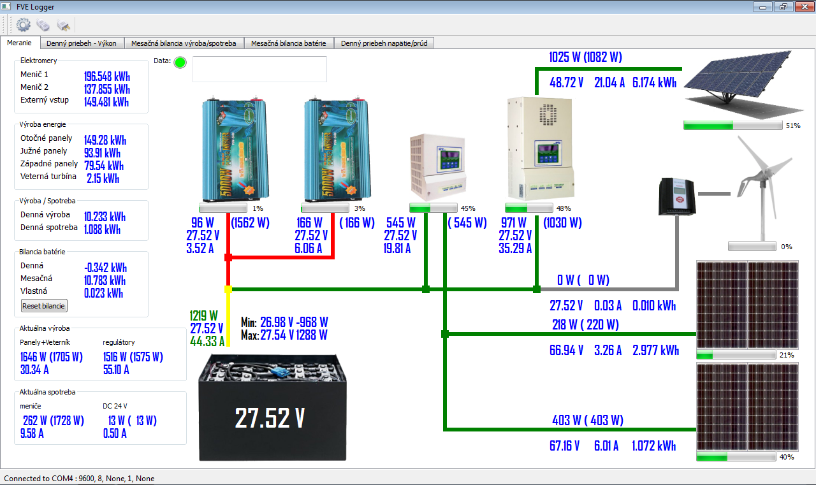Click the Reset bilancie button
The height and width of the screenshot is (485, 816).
pos(44,306)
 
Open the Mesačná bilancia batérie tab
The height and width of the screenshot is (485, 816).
pos(288,43)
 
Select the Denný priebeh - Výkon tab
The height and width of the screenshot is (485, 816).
pos(82,43)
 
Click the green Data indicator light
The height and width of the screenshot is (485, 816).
pos(180,62)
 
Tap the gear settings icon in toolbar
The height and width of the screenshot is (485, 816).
pos(24,25)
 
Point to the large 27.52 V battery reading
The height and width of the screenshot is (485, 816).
pos(270,418)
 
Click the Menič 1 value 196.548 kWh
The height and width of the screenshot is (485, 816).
pos(106,76)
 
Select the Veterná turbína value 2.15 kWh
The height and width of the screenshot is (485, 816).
pos(103,178)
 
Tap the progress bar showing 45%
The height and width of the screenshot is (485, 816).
pos(433,208)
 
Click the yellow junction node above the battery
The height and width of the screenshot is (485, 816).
pos(228,289)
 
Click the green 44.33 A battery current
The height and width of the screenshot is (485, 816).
pos(207,341)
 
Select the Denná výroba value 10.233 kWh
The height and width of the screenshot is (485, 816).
pos(105,216)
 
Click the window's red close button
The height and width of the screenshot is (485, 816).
pos(802,7)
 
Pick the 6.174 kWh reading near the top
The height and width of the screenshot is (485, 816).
pos(654,82)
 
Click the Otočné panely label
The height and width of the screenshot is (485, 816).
pos(47,138)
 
